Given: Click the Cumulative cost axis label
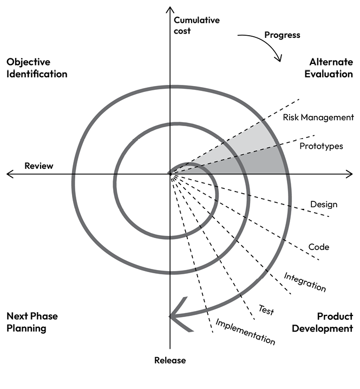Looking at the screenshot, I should (x=197, y=25).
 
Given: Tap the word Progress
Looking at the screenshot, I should (x=282, y=35).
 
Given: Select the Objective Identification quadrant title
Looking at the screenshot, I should (x=37, y=68).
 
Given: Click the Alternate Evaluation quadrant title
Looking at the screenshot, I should (x=328, y=68).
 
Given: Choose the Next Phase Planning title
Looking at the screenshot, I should (x=32, y=322).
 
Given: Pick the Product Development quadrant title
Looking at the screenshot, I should (x=322, y=322).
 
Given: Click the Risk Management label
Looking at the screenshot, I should (x=318, y=117).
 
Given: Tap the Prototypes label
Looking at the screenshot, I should (x=321, y=146).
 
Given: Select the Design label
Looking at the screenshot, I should (x=323, y=205).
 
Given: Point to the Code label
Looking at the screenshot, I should (x=319, y=247).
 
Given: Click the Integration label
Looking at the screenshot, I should (x=305, y=282).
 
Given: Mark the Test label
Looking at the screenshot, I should (x=266, y=310).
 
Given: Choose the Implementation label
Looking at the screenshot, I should (x=245, y=332).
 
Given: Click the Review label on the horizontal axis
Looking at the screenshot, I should (x=39, y=166).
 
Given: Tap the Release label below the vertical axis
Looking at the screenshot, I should (x=169, y=360).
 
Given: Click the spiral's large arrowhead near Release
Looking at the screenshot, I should (x=179, y=315).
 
